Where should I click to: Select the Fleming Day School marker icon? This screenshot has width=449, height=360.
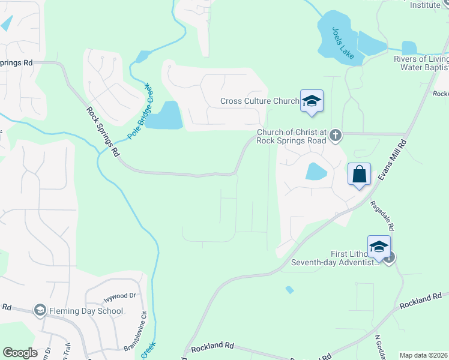coord(40,310)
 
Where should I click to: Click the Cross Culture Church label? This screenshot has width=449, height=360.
coord(259,101)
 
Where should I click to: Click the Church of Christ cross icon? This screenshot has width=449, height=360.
coord(336,136)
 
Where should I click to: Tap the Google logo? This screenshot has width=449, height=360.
coord(20,353)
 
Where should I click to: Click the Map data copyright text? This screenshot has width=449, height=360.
coord(423,355)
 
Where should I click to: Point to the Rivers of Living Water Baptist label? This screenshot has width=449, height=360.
coord(420,63)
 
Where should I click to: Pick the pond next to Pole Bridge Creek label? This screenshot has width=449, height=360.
coord(165,115)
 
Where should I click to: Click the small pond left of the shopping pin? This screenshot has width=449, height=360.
coord(316,172)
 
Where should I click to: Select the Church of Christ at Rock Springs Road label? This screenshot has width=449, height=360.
coord(291,136)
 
